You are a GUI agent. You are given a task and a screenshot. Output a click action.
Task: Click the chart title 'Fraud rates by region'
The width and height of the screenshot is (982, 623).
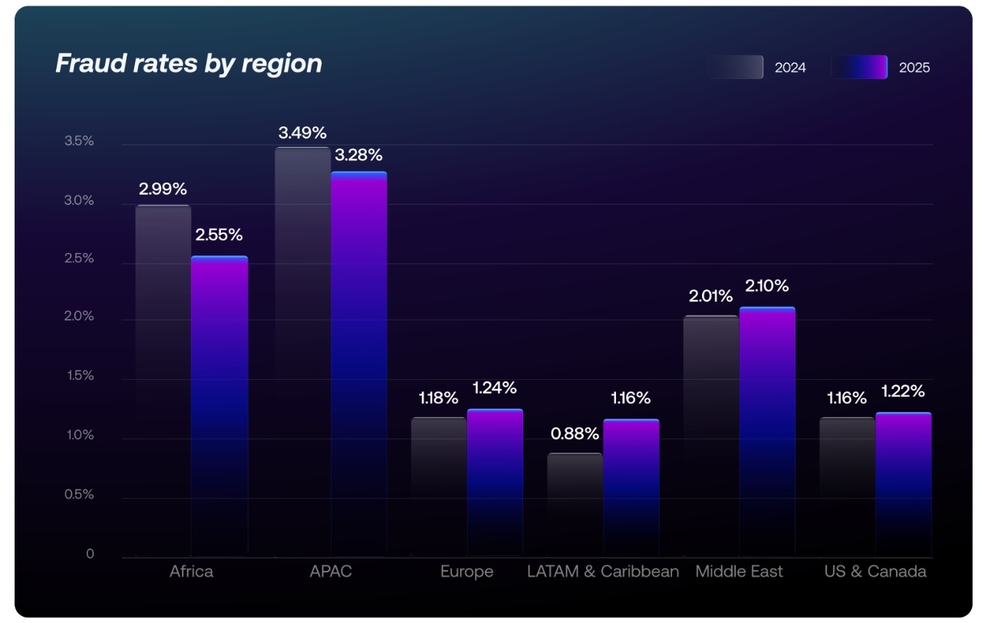click(189, 63)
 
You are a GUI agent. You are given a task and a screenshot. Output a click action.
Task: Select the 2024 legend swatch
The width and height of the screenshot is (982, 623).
click(735, 68)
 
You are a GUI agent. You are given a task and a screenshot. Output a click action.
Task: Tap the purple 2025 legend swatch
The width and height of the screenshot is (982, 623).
click(859, 68)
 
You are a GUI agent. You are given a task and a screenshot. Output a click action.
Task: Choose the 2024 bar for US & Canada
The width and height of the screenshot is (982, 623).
click(847, 486)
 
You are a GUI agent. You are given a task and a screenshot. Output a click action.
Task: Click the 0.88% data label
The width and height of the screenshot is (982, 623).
click(575, 433)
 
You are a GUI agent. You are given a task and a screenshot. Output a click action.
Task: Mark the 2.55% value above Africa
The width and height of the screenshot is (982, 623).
click(219, 235)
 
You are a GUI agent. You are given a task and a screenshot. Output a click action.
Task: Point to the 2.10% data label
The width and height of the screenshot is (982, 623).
click(766, 286)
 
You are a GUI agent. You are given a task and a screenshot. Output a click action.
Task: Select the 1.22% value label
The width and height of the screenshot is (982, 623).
click(902, 391)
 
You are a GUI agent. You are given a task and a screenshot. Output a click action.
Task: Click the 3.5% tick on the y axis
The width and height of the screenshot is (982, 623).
click(79, 141)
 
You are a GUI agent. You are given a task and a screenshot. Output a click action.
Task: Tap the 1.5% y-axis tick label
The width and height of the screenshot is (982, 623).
click(79, 376)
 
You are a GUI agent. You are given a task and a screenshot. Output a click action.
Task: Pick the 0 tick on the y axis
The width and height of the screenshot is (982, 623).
click(90, 554)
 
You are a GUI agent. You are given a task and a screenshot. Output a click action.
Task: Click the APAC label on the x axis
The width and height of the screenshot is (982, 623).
click(331, 572)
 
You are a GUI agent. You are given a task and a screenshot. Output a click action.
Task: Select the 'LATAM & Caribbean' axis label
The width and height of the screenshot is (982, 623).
click(603, 572)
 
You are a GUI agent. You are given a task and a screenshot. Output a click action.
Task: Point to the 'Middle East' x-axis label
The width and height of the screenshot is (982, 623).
click(739, 572)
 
